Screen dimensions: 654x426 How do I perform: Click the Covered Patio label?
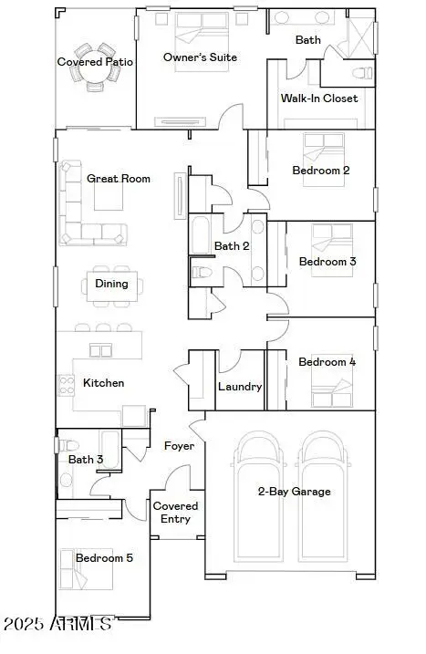[95, 62]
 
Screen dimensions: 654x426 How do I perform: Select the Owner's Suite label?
[200, 57]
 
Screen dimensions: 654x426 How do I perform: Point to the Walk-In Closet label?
[319, 99]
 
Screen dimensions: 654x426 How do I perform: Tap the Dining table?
[111, 284]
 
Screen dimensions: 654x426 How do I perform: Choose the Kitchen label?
[103, 383]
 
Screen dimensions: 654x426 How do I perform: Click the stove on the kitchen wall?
[66, 385]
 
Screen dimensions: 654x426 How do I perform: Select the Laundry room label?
[240, 387]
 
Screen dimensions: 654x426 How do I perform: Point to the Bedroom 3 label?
[327, 262]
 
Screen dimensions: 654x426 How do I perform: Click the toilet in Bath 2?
[202, 272]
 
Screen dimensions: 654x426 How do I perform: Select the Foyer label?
[179, 446]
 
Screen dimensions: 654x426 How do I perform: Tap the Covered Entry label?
[175, 512]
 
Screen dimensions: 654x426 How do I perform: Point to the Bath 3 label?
[86, 459]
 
